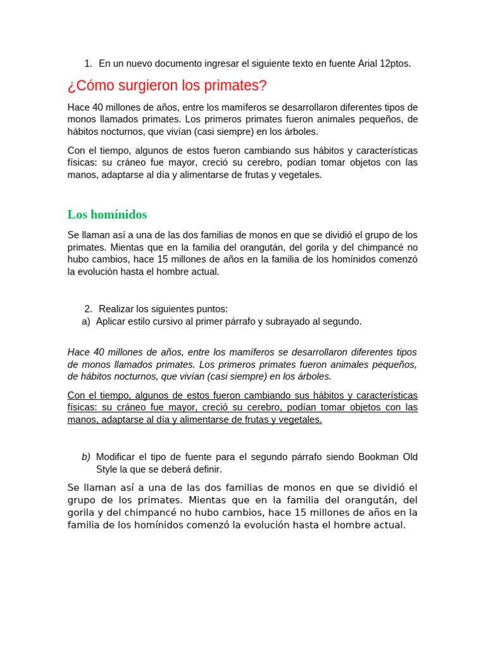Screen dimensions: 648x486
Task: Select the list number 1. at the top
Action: pos(88,63)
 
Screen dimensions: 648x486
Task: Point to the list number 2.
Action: pos(88,309)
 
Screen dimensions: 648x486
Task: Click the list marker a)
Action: pos(86,321)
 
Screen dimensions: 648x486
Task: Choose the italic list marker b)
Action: pos(86,457)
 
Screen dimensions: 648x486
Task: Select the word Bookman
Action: pos(379,457)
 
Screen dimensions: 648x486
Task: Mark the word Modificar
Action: pos(116,457)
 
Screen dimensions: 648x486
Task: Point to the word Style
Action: pos(107,470)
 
